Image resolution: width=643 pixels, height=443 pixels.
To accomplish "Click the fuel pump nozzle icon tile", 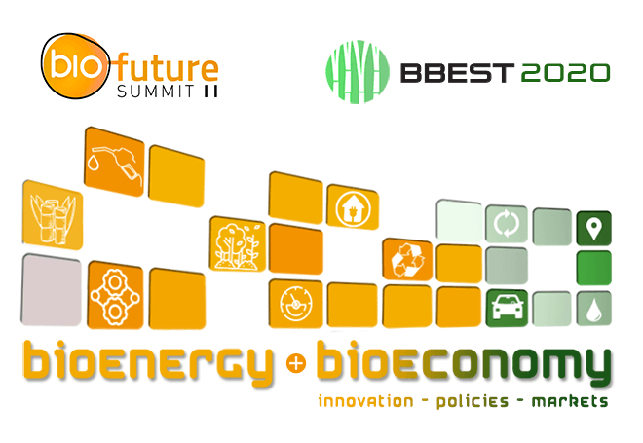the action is [x=114, y=162].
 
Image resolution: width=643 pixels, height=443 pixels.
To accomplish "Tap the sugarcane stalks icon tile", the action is [x=53, y=215].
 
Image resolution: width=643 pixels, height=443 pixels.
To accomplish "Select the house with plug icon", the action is [x=353, y=207].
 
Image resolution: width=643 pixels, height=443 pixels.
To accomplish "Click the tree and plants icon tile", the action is [x=238, y=244].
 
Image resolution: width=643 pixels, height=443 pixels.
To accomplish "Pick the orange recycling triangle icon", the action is [x=407, y=260].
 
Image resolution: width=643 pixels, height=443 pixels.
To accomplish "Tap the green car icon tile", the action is [x=507, y=308].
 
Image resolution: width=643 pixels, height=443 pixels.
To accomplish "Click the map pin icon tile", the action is [x=593, y=228].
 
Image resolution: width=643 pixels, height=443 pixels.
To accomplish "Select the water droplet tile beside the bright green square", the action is [x=593, y=309].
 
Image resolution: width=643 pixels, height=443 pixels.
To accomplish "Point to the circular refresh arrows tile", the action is [x=507, y=224].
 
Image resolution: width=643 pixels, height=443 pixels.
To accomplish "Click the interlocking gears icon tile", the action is [x=115, y=295].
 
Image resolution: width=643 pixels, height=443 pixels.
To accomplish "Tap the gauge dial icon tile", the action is [x=295, y=304].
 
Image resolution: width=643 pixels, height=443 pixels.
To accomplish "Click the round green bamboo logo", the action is [x=358, y=72].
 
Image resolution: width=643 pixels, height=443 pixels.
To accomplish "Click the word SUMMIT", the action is [x=156, y=91].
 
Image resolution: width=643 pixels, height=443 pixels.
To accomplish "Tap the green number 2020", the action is [x=565, y=73].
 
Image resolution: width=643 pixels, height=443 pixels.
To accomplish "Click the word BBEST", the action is [x=457, y=73].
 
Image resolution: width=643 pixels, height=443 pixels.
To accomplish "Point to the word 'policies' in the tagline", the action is [x=472, y=401].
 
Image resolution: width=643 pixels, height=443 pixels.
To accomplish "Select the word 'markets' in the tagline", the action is [x=570, y=401].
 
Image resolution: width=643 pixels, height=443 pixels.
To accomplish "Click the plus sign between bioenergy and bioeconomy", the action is [x=296, y=363].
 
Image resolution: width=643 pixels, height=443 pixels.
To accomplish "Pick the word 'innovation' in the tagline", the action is [x=365, y=400].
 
